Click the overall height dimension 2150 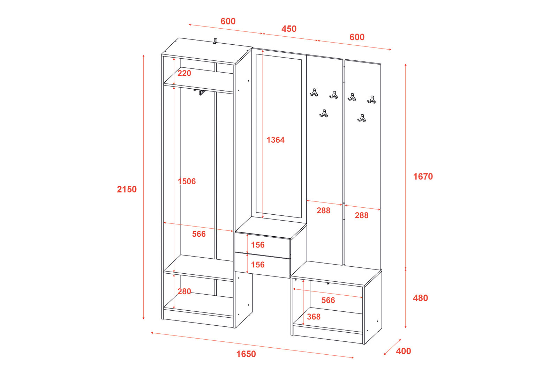pos(127,189)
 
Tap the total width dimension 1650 pos(246,354)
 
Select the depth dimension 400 pos(404,351)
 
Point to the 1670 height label pos(423,177)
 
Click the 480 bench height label pos(420,298)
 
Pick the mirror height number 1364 pos(276,140)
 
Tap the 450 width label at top pos(289,29)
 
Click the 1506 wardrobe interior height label pos(187,182)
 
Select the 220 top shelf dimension pos(184,73)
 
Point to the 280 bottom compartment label pos(184,291)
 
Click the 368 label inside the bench pos(314,317)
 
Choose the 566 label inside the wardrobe pos(199,234)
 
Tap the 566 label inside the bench pos(328,300)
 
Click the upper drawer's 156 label pos(258,245)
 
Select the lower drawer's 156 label pos(258,265)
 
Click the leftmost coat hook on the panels pos(314,93)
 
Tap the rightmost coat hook pos(371,100)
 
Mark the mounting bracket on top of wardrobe pos(215,41)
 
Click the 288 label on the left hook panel pos(323,210)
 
